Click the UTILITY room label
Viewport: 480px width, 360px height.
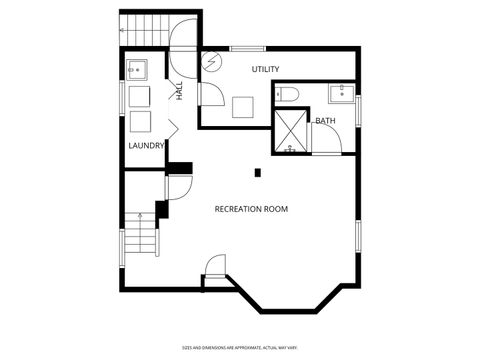click(x=265, y=69)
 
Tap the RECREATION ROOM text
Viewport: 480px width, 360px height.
click(x=251, y=209)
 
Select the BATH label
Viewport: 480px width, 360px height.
click(x=325, y=121)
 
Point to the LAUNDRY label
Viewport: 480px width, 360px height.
click(x=146, y=146)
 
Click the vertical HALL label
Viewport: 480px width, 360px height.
click(x=180, y=91)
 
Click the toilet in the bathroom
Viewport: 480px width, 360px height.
click(x=287, y=95)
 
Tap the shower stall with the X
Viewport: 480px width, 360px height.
click(x=291, y=131)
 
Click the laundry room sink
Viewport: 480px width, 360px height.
click(x=137, y=70)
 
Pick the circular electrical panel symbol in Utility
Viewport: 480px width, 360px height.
click(x=212, y=61)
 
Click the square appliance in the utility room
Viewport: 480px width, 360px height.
click(x=243, y=106)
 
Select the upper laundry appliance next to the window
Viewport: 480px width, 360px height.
click(x=139, y=96)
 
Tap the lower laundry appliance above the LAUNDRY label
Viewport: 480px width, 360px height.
click(x=139, y=120)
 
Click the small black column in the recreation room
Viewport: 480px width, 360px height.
click(x=257, y=173)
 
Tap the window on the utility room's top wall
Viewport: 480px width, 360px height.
click(x=247, y=48)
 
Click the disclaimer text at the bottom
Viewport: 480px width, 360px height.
click(x=239, y=347)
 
